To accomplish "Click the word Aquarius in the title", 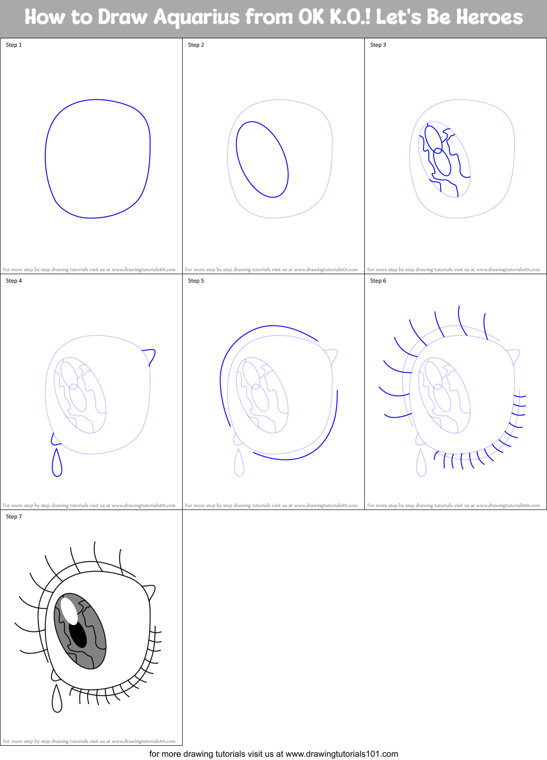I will coord(197,17).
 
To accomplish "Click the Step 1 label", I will coord(14,45).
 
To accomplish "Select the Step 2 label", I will coord(196,45).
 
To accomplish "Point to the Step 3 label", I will coord(378,45).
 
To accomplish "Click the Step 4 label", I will coord(14,281).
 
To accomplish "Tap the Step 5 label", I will coord(196,281).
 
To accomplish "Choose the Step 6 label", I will coord(378,281).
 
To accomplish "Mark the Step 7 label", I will coord(14,517).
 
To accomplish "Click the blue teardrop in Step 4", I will coord(57,466).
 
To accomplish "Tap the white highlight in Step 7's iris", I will coord(69,611).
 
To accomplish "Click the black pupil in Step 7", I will coord(78,635).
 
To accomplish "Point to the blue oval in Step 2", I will coord(262,159).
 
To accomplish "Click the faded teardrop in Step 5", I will coord(239,466).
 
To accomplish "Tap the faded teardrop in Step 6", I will coord(422,466).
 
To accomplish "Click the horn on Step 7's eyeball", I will coord(150,591).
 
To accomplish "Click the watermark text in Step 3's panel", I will coord(453,270).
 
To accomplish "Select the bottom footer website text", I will coord(273,754).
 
